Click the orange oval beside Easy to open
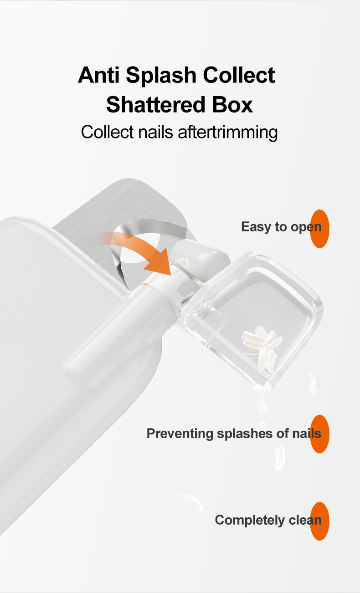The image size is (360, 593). click(x=319, y=229)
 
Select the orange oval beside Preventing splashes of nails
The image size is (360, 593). click(x=319, y=434)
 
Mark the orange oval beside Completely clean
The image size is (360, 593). click(x=319, y=521)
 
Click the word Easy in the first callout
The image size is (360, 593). click(x=256, y=227)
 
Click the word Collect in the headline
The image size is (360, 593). click(x=239, y=75)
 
